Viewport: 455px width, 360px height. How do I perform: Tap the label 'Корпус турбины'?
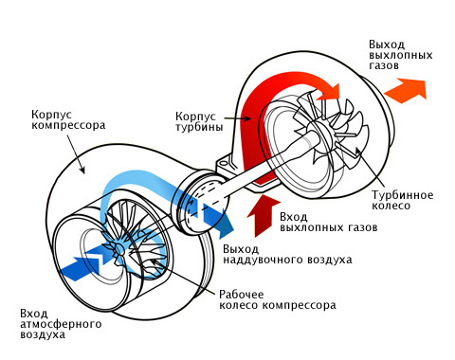[199, 119]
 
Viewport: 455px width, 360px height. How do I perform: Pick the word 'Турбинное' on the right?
[400, 195]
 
